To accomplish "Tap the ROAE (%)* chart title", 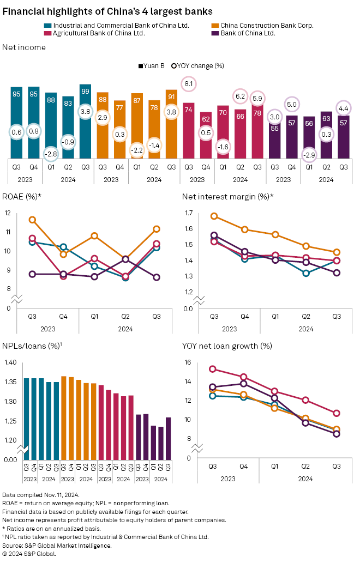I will coord(23,196).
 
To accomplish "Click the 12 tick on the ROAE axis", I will coord(7,213).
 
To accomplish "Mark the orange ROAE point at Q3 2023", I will coord(32,220).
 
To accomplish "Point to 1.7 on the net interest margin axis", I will coord(189,213).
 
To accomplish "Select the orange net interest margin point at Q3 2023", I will coord(214,216).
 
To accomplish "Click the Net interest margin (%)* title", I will coord(227,196).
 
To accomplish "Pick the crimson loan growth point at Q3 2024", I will coord(337,413).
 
